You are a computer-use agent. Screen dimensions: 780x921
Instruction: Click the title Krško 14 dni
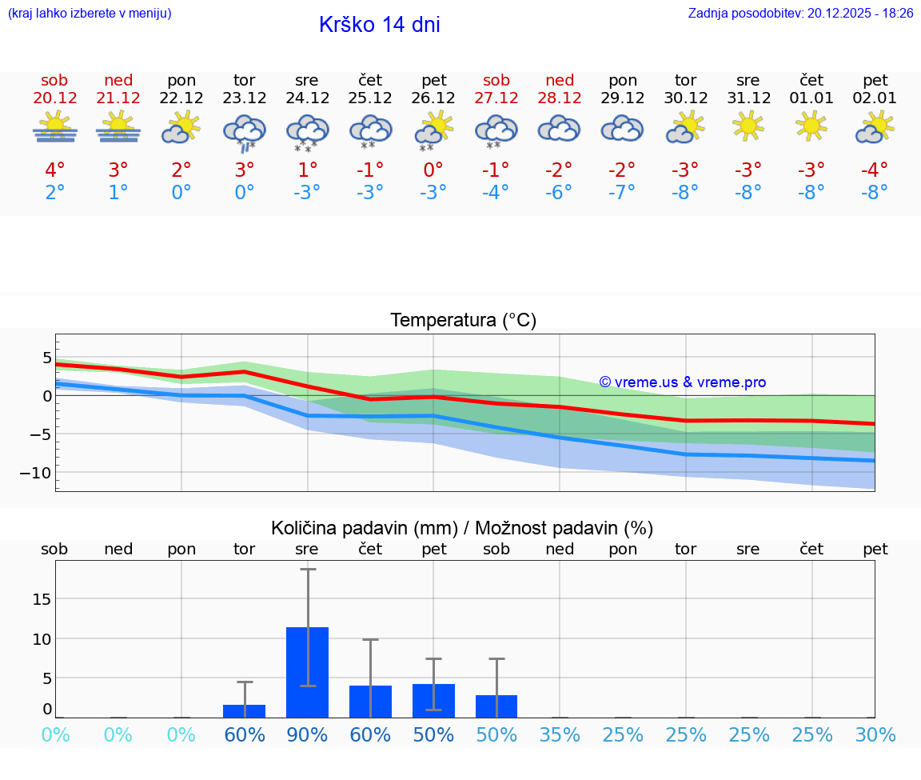(x=379, y=25)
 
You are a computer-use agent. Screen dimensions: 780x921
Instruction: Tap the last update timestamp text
(x=800, y=13)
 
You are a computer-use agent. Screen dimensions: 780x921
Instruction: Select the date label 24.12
(x=307, y=98)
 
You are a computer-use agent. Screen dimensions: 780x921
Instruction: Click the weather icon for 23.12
(x=244, y=130)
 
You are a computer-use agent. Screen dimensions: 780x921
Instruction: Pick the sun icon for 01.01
(x=811, y=126)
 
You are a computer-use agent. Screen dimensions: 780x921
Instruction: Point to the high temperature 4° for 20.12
(x=54, y=170)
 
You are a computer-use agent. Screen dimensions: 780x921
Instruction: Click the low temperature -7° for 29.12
(x=623, y=192)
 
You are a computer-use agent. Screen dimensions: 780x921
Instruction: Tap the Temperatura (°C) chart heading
(x=463, y=321)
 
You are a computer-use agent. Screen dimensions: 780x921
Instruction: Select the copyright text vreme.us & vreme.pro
(x=682, y=382)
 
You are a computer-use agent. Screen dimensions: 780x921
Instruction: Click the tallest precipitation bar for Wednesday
(x=307, y=672)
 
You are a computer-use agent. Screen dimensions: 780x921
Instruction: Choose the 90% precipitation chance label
(x=307, y=735)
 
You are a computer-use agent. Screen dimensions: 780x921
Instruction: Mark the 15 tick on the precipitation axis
(x=42, y=599)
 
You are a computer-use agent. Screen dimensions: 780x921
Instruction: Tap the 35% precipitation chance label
(x=560, y=735)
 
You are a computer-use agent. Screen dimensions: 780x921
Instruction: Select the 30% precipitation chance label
(x=875, y=735)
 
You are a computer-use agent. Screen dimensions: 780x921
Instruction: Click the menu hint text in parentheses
(x=89, y=13)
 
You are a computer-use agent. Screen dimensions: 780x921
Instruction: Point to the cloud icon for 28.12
(x=560, y=128)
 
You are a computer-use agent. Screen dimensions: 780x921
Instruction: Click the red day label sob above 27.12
(x=496, y=81)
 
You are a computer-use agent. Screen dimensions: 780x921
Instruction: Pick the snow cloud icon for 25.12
(x=370, y=130)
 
